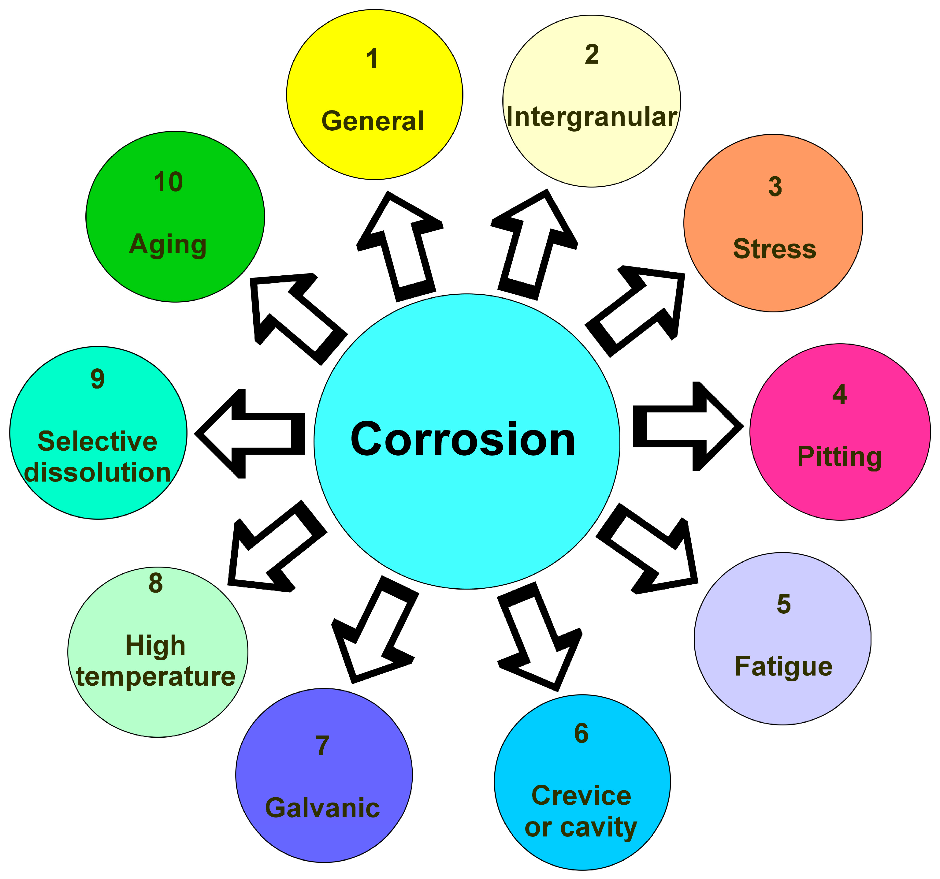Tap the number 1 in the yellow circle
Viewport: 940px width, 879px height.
coord(373,60)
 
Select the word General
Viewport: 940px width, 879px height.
coord(373,121)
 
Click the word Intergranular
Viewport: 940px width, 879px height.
coord(592,117)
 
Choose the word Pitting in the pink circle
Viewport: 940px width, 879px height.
coord(839,457)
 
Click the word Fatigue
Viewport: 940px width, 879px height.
coord(783,667)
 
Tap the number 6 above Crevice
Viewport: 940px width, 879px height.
coord(581,733)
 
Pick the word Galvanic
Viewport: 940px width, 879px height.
coord(322,808)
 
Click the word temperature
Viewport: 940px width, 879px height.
coord(156,677)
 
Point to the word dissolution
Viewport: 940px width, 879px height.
coord(97,472)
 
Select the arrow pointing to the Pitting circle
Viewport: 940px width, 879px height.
coord(685,426)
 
